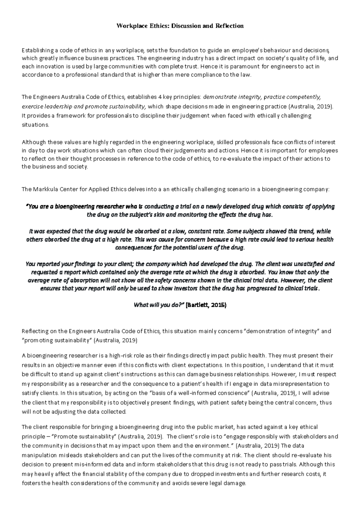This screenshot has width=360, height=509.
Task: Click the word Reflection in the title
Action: point(229,26)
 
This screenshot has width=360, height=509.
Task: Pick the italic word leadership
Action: point(57,106)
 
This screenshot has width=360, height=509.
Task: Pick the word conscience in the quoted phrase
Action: point(233,393)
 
